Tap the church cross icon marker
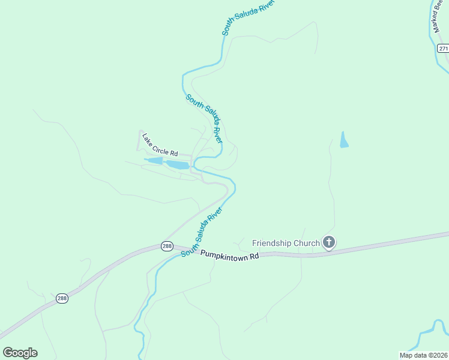pyautogui.click(x=328, y=242)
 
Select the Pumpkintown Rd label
pyautogui.click(x=229, y=254)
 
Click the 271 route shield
pyautogui.click(x=442, y=48)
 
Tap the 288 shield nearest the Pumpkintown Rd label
pyautogui.click(x=167, y=246)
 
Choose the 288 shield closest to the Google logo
pyautogui.click(x=62, y=298)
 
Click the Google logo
pyautogui.click(x=20, y=352)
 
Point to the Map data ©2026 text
pyautogui.click(x=423, y=355)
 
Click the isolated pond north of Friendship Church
pyautogui.click(x=344, y=140)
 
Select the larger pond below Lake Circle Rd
pyautogui.click(x=178, y=164)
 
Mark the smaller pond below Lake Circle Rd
pyautogui.click(x=155, y=161)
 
